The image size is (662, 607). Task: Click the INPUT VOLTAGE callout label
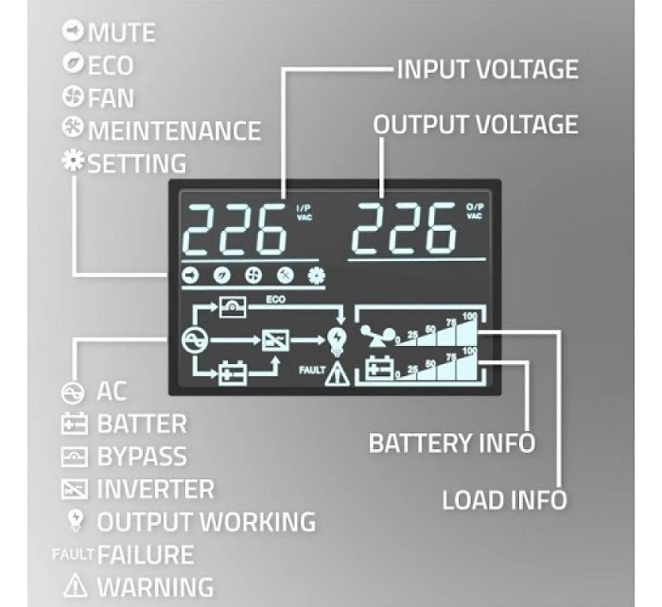(x=487, y=69)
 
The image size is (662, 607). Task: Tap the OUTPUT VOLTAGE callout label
(x=475, y=124)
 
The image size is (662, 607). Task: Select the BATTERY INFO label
(x=452, y=442)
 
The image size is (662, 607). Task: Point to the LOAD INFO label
(x=504, y=498)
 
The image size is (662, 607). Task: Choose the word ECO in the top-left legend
(x=112, y=65)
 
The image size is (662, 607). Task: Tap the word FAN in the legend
(x=112, y=97)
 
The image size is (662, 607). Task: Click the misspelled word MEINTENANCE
(x=174, y=130)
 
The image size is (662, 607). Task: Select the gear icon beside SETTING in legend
(x=73, y=162)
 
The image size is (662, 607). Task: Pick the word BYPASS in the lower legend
(x=142, y=457)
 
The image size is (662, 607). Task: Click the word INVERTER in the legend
(x=155, y=489)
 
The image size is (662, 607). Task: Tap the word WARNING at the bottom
(x=155, y=586)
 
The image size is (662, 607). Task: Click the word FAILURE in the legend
(x=146, y=554)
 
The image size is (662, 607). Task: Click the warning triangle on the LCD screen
(x=336, y=375)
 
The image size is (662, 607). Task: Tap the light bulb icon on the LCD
(x=336, y=339)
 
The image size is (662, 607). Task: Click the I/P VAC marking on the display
(x=303, y=213)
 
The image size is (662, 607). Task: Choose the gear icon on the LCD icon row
(x=316, y=275)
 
